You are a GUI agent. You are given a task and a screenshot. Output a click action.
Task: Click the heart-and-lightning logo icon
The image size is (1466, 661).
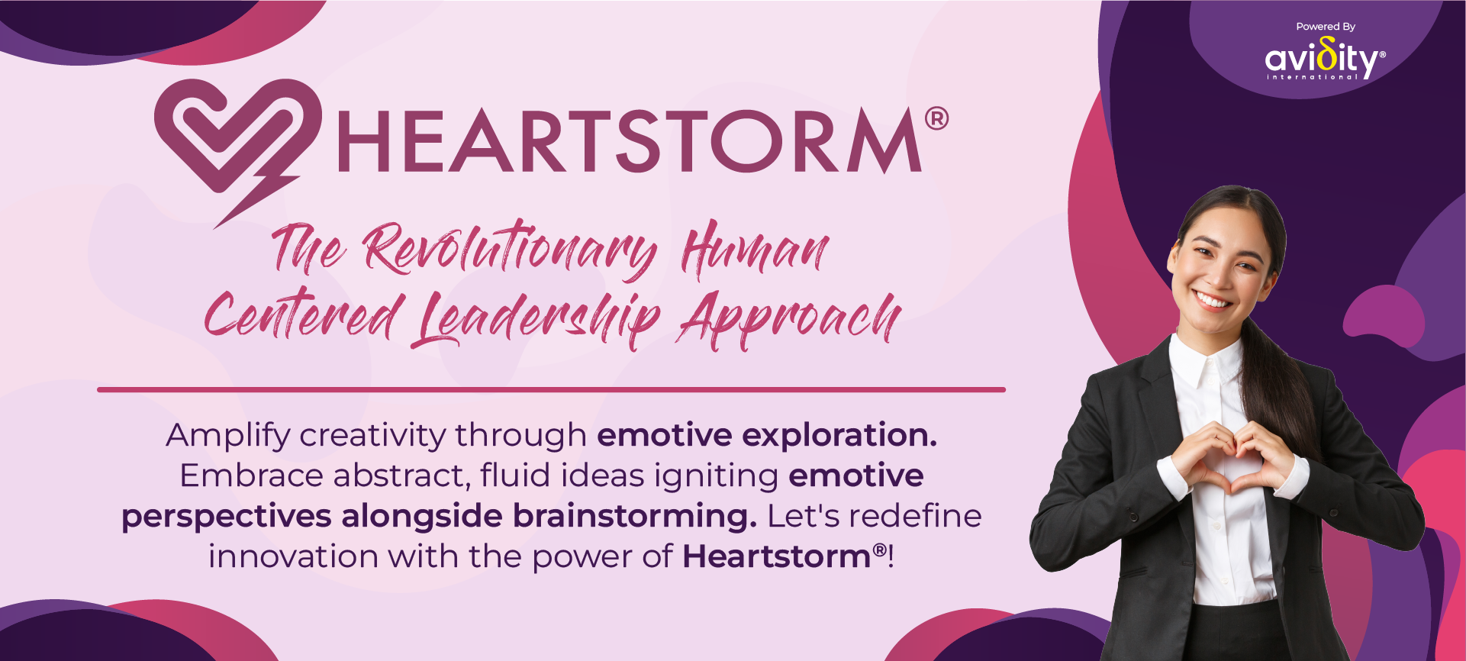click(x=229, y=137)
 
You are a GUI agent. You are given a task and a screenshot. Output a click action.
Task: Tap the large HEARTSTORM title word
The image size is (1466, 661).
click(x=629, y=141)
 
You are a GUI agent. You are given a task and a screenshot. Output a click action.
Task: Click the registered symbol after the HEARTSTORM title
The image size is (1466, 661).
click(x=936, y=118)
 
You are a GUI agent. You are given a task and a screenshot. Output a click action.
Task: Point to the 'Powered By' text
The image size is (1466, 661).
click(x=1326, y=27)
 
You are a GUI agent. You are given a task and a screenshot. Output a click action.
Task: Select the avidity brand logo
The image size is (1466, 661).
click(x=1326, y=60)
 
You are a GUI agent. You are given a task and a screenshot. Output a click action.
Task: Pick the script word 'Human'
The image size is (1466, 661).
click(x=755, y=249)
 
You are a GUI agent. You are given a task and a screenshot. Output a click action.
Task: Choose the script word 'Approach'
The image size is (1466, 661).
click(x=790, y=319)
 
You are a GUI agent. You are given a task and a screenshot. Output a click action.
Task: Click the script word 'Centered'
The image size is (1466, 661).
click(x=303, y=314)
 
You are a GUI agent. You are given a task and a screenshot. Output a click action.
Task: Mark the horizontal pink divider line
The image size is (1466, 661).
click(x=551, y=389)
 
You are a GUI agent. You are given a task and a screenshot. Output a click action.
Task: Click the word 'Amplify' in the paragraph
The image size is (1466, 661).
click(x=228, y=437)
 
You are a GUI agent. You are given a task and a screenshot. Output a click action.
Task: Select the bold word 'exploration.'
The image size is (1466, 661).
click(x=839, y=437)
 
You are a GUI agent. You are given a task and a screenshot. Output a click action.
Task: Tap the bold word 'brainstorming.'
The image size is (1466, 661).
click(x=635, y=517)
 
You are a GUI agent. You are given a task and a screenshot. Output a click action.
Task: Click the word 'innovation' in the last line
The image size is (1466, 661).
click(x=293, y=556)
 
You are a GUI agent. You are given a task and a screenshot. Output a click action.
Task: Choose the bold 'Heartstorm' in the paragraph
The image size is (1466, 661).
click(x=777, y=556)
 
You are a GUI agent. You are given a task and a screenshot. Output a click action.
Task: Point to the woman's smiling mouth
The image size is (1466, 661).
click(x=1213, y=298)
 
